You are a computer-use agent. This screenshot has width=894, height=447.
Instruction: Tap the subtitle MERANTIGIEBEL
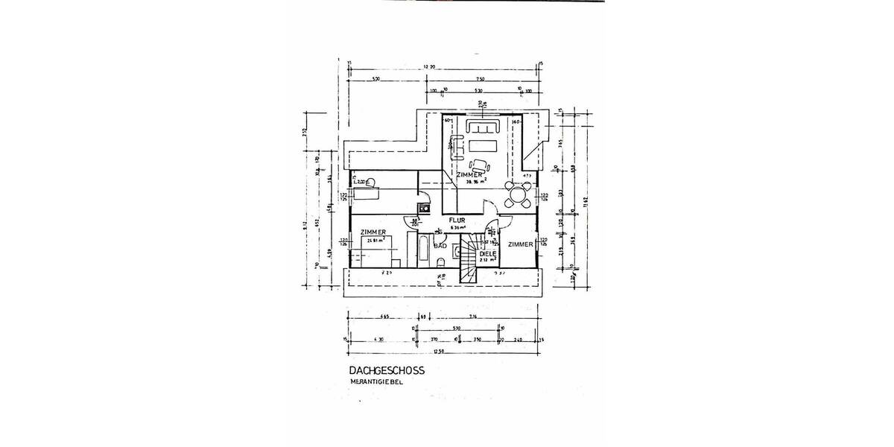click(x=377, y=382)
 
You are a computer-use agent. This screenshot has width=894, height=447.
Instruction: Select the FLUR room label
click(x=457, y=221)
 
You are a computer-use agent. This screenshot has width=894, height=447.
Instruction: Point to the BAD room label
click(x=440, y=245)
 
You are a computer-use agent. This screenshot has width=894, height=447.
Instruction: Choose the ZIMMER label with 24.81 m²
click(x=372, y=233)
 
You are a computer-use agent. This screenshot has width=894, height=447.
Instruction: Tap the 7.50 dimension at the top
click(x=480, y=79)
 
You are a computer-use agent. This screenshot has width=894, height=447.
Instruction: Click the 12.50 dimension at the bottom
click(x=443, y=350)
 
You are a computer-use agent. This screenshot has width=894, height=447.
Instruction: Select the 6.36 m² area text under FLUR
click(x=457, y=229)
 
